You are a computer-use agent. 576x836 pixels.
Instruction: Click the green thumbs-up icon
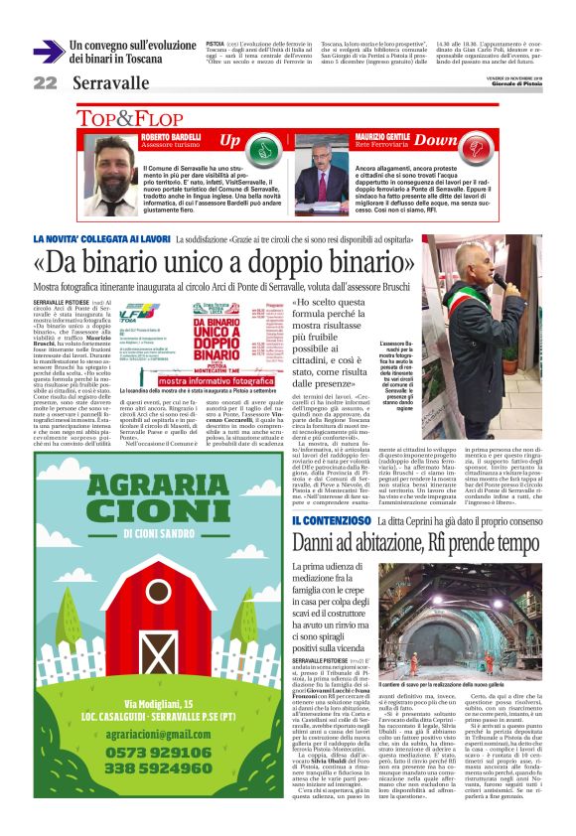(262, 149)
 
